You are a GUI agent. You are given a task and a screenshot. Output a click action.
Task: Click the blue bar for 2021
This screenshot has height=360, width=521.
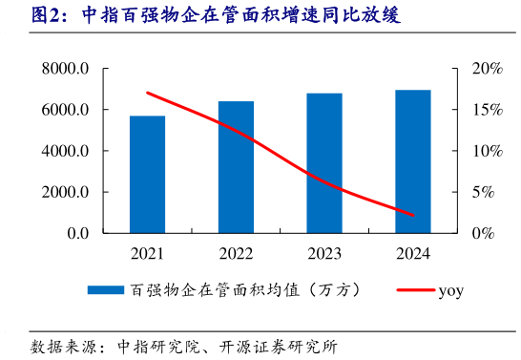pyautogui.click(x=147, y=174)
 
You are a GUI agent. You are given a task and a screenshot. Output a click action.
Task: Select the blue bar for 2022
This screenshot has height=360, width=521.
pyautogui.click(x=236, y=167)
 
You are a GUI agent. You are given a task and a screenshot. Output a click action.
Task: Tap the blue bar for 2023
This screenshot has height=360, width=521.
pyautogui.click(x=324, y=163)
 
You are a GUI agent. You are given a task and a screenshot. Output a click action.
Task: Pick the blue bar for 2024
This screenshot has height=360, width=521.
pyautogui.click(x=413, y=161)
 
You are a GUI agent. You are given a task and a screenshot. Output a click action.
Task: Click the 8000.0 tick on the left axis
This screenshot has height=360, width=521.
pyautogui.click(x=66, y=70)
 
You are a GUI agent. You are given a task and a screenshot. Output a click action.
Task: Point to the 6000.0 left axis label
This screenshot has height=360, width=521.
pyautogui.click(x=66, y=111)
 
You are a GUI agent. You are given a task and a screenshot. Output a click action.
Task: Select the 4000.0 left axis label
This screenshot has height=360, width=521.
pyautogui.click(x=66, y=152)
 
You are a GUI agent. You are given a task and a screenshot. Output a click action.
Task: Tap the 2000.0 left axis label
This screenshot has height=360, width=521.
pyautogui.click(x=66, y=193)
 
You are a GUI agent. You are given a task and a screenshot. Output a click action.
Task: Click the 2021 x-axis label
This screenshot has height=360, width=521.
pyautogui.click(x=147, y=254)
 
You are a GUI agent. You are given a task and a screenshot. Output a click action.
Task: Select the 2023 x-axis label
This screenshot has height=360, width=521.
pyautogui.click(x=324, y=254)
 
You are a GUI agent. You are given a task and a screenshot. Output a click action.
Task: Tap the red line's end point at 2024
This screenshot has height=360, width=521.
pyautogui.click(x=413, y=215)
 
